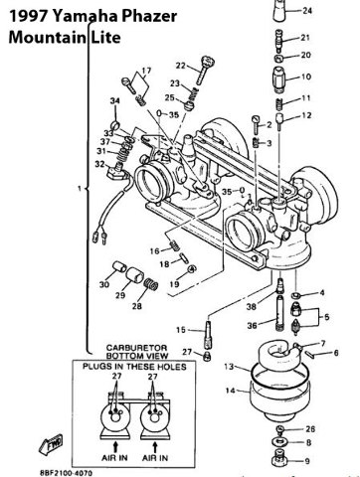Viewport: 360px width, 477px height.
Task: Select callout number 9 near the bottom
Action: [306, 460]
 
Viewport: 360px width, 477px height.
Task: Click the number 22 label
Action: [179, 65]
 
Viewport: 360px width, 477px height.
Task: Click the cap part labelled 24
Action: [278, 12]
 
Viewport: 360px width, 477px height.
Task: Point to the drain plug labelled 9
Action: [282, 460]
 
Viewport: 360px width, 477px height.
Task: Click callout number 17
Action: [147, 71]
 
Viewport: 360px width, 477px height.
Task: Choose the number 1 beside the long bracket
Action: [65, 187]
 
